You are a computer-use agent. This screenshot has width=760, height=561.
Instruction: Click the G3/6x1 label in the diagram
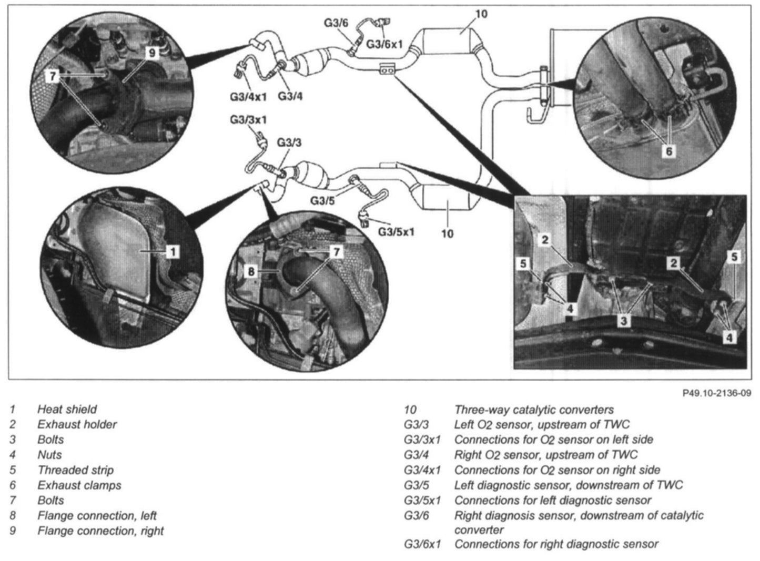384,44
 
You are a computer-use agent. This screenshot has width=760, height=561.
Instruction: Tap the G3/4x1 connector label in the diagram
248,97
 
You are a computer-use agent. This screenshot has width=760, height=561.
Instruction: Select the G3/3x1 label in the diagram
248,120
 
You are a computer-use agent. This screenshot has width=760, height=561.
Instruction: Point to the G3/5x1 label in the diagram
396,231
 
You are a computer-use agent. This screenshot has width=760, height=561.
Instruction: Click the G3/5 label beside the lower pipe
322,200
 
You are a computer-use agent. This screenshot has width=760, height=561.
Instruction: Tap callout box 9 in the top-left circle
151,53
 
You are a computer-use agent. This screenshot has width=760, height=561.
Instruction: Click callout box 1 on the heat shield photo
173,252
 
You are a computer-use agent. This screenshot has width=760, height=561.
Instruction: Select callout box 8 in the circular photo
251,271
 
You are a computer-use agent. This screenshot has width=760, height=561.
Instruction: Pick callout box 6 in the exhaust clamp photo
668,151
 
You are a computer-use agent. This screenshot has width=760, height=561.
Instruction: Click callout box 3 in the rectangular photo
623,320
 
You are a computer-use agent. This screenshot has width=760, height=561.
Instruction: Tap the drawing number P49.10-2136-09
716,393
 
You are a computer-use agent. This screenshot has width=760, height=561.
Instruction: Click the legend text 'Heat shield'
67,409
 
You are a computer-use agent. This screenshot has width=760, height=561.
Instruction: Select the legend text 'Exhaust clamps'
79,485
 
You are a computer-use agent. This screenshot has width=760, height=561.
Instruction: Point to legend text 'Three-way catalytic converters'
534,410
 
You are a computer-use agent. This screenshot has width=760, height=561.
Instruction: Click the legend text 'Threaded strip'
75,470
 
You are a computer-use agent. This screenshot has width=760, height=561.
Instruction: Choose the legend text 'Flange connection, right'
100,531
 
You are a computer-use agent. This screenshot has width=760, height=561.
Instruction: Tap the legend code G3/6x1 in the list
422,544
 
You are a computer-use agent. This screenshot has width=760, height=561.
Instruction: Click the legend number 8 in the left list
13,516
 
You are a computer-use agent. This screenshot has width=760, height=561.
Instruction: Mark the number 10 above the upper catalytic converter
481,14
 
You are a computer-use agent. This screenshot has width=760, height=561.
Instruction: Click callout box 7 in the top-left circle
52,77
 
